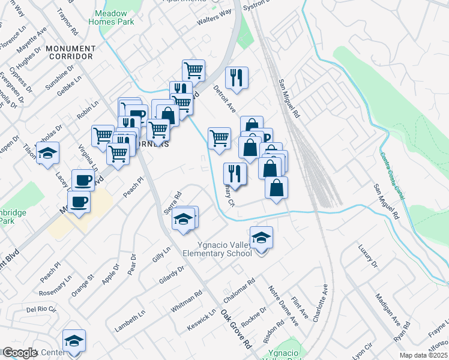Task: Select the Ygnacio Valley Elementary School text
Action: pos(225,249)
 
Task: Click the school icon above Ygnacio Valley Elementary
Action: pos(261,239)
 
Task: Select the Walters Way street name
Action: pos(214,17)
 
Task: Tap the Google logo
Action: pos(20,353)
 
